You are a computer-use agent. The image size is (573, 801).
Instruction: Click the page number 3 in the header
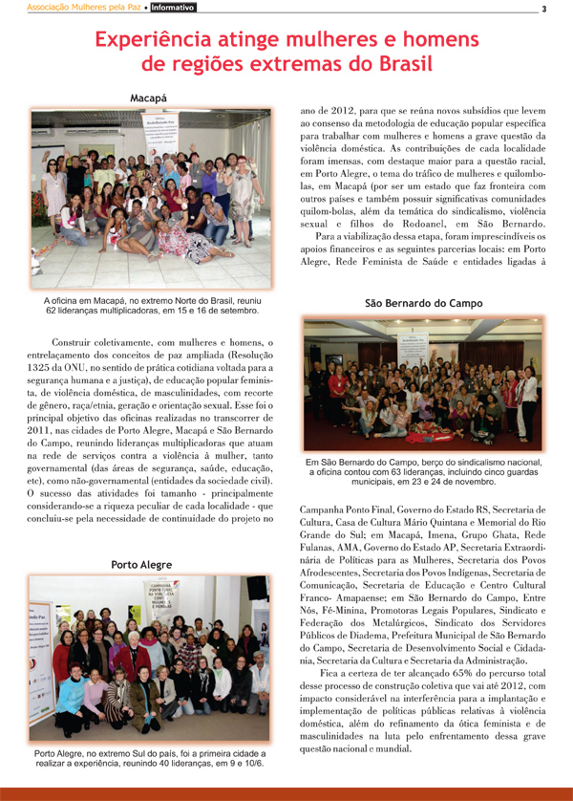pos(542,10)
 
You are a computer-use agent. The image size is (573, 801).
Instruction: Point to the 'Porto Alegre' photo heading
pos(148,565)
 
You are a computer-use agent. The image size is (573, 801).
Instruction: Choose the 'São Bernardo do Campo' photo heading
pos(424,303)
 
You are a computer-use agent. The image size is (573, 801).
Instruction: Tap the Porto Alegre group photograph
pos(148,661)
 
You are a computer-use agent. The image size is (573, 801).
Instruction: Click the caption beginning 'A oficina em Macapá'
pos(150,306)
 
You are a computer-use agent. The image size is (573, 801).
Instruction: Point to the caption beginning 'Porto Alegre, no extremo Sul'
pos(148,758)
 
